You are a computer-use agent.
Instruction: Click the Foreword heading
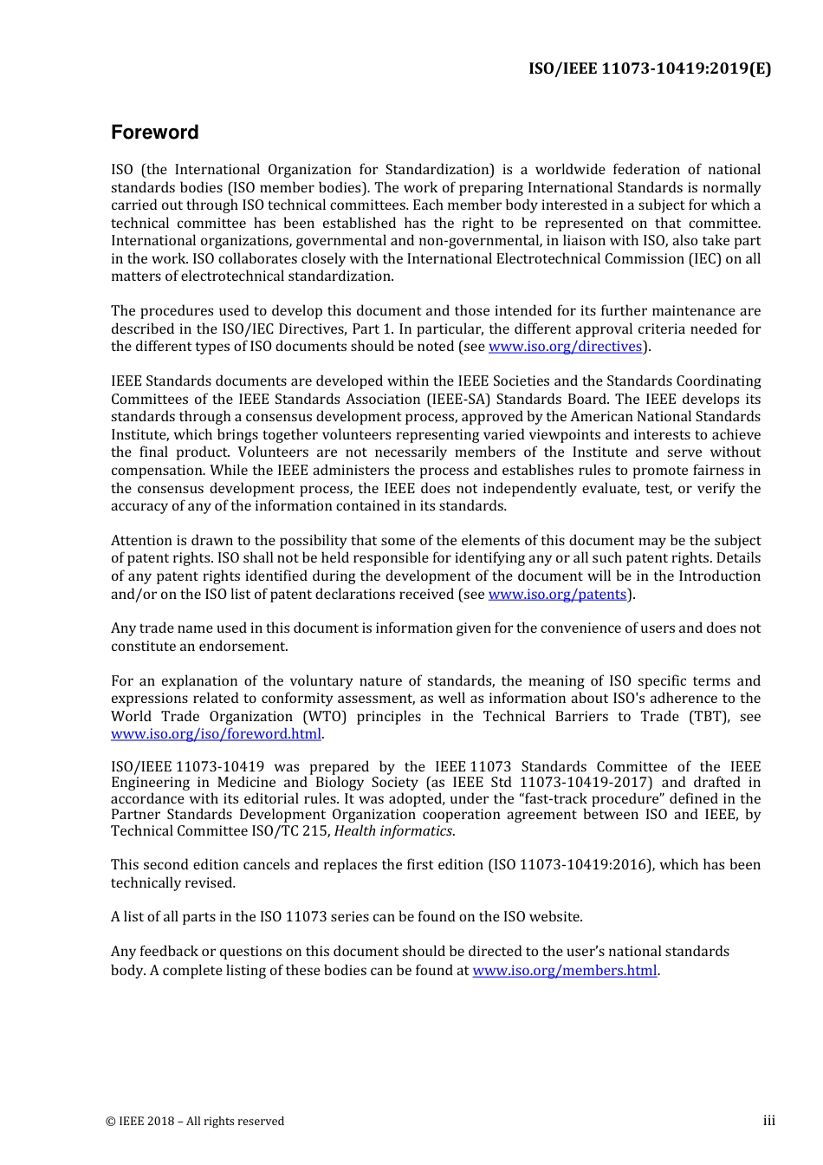(x=154, y=133)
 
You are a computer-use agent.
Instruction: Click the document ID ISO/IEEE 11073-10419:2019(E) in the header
(x=649, y=68)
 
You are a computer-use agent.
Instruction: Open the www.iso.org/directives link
(x=565, y=347)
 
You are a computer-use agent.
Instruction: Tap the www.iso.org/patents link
(x=557, y=595)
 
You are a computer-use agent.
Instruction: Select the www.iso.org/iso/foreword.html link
(x=216, y=734)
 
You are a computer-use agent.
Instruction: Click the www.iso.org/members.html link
(x=564, y=971)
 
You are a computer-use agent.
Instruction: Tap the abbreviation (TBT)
(x=709, y=717)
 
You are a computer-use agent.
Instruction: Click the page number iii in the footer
(x=768, y=1121)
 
